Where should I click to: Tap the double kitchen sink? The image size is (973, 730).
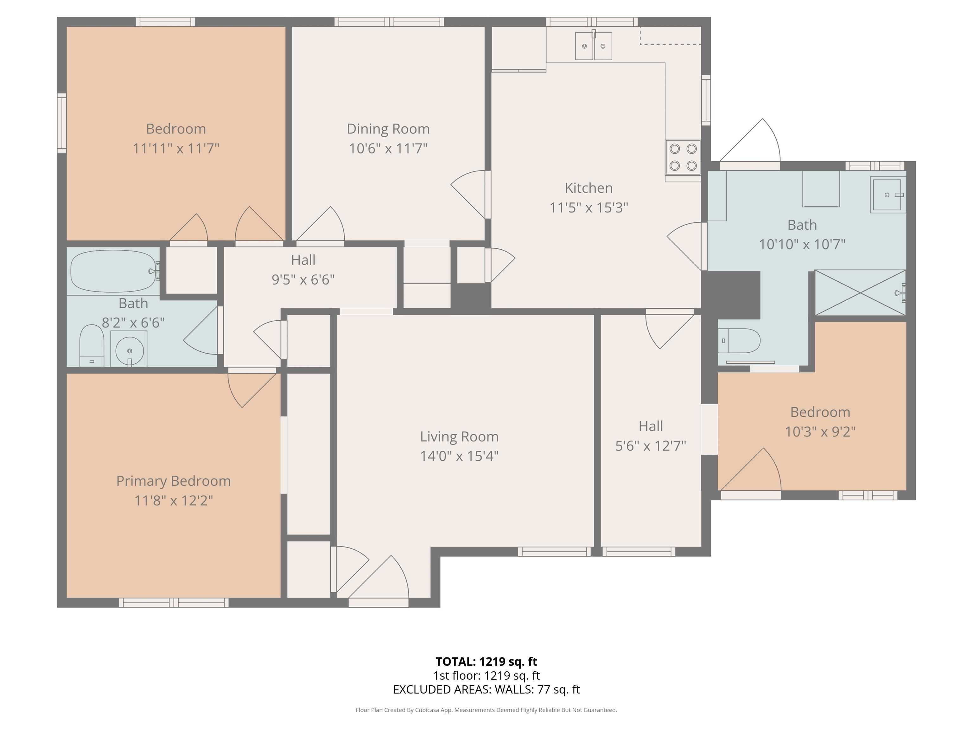pos(593,46)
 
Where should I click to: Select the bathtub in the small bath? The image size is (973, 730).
pos(113,271)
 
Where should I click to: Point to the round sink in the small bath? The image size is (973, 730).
pos(129,349)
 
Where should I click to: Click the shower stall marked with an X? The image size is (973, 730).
pos(860,293)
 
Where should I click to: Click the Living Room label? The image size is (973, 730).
pos(459,437)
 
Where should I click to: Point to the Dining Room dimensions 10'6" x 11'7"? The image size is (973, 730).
pos(388,148)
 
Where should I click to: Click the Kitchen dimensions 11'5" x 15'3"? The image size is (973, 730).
pos(588,207)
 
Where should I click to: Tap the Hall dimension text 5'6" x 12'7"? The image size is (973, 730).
pos(651,446)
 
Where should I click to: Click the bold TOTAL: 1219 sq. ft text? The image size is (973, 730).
pos(486,661)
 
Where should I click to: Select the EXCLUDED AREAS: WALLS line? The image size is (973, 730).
pos(486,689)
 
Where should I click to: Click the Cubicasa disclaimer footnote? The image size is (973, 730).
pos(486,710)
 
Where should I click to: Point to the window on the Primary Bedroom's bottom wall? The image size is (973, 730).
pos(174,602)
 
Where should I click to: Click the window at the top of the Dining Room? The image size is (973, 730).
pos(389,22)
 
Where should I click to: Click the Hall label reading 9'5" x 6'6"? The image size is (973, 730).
pos(303,270)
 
